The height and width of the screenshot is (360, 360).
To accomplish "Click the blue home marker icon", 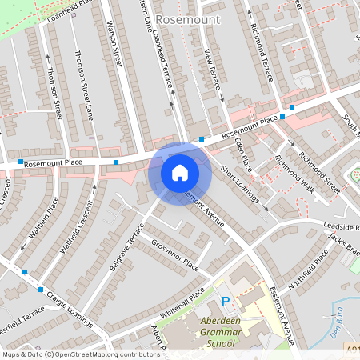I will (180, 172).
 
